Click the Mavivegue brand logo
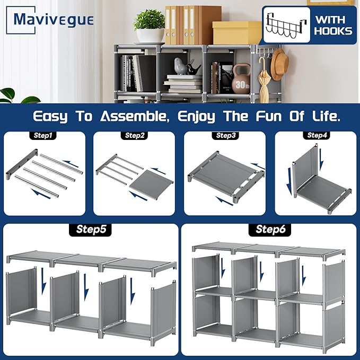(50, 20)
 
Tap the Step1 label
(43, 135)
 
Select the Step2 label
(134, 135)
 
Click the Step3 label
(225, 135)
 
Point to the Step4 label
(317, 135)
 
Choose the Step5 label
(90, 230)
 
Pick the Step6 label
(270, 230)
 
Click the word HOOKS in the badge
(333, 31)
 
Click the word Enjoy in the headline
(197, 117)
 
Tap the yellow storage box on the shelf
(236, 32)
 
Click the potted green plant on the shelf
(150, 26)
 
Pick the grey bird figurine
(181, 66)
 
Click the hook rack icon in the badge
(286, 25)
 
